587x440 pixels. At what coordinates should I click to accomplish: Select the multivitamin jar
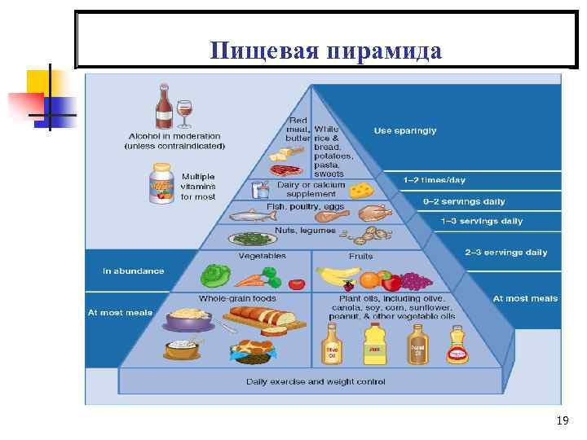(x=161, y=183)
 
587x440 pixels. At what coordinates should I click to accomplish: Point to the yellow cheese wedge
(x=361, y=189)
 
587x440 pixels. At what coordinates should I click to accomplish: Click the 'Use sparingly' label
(x=405, y=130)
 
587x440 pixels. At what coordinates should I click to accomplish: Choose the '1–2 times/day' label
(x=434, y=180)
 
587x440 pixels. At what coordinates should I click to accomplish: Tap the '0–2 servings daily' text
(x=464, y=201)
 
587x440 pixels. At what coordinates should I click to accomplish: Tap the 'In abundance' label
(x=133, y=271)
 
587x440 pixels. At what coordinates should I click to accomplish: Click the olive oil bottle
(x=333, y=345)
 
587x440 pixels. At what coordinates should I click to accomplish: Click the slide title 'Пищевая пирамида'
(x=325, y=51)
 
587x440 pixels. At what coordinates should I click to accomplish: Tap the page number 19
(x=562, y=420)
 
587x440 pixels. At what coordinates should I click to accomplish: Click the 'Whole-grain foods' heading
(x=237, y=298)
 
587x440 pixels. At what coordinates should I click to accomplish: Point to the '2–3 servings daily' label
(x=506, y=253)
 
